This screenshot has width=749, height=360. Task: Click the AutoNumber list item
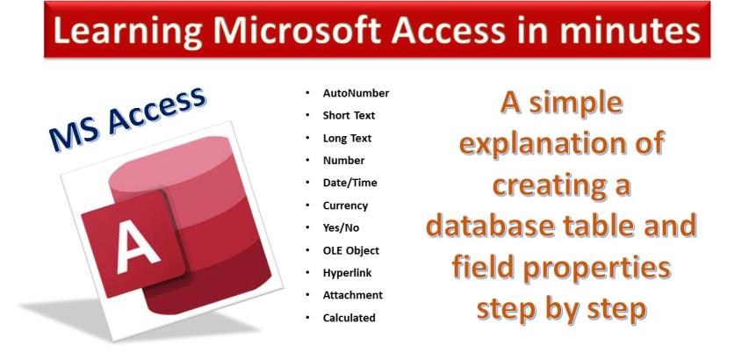356,93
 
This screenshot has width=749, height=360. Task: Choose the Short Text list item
349,116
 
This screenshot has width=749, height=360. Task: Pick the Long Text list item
347,139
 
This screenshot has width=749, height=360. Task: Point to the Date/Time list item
349,183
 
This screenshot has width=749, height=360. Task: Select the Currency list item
345,205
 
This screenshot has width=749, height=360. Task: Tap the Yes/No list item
341,227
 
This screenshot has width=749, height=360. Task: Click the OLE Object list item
351,250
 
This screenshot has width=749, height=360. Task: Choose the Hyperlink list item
347,273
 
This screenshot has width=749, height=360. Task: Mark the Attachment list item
352,295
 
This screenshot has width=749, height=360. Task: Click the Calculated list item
349,318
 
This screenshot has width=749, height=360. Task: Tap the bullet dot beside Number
307,161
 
